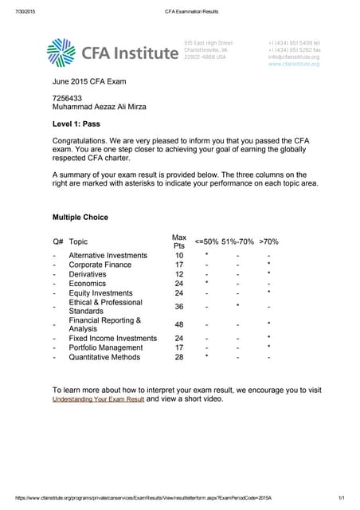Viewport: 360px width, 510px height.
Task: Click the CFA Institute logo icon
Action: [63, 52]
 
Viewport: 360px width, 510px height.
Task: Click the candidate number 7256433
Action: [67, 98]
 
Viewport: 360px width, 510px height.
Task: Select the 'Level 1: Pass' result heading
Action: [76, 124]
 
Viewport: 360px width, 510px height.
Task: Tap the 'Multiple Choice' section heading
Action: [80, 217]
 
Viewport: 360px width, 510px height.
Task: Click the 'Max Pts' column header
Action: [179, 241]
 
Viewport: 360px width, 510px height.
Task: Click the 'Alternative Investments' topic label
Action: [108, 255]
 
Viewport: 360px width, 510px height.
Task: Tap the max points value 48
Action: [179, 324]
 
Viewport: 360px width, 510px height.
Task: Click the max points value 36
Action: [179, 306]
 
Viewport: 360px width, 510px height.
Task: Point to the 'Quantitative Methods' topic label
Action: [104, 357]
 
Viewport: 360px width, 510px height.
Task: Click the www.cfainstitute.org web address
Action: [294, 64]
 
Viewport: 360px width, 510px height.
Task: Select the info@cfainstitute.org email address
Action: [294, 57]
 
